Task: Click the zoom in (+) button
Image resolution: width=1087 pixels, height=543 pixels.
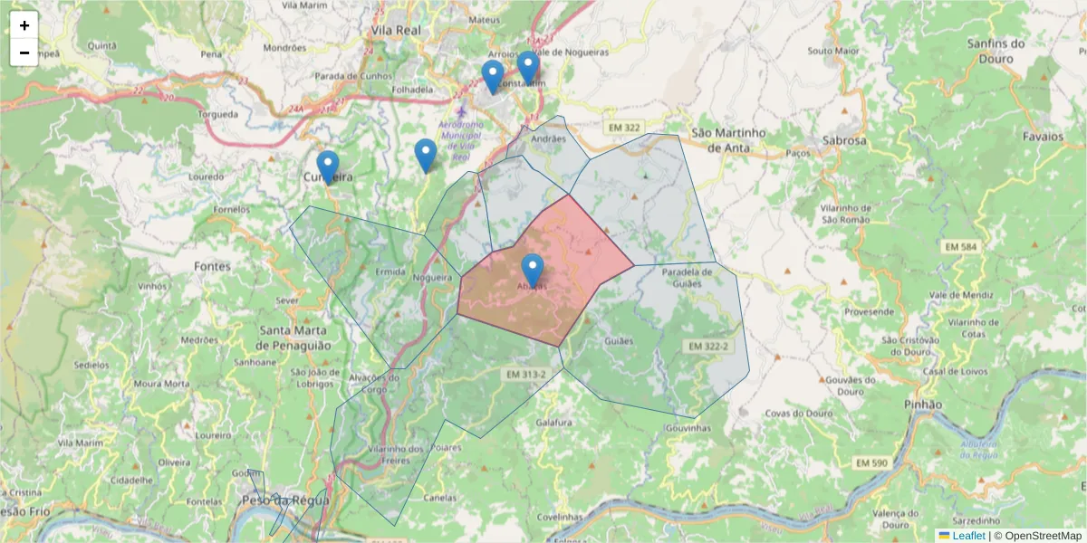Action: [24, 25]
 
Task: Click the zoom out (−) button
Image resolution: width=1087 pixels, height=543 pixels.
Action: [24, 52]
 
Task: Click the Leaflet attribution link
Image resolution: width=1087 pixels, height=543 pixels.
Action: [968, 536]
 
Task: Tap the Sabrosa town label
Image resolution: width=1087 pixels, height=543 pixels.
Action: [844, 140]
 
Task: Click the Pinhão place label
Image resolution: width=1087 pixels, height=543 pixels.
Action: [923, 404]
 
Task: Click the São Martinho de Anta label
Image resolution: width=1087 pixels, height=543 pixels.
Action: [728, 139]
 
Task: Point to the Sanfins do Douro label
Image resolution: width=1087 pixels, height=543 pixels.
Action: [996, 51]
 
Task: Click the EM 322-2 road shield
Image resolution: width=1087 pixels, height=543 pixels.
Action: [707, 347]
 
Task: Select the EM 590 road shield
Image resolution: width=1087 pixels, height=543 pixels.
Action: [871, 462]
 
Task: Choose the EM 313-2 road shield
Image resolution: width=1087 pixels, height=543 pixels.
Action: [526, 374]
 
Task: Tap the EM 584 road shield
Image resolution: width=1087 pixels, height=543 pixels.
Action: [961, 247]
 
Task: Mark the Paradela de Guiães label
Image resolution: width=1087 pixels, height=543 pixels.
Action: [695, 277]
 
